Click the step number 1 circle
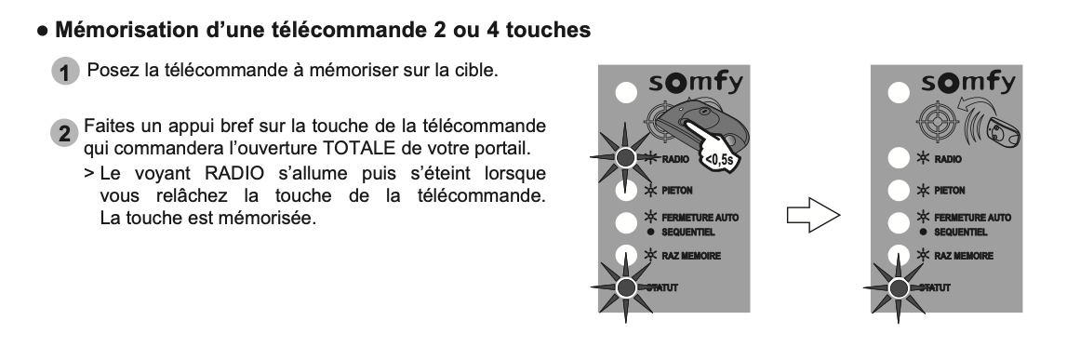65,72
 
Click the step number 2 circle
64,133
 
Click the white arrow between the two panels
813,216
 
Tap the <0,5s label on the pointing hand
719,160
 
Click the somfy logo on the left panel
696,84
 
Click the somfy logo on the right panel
968,84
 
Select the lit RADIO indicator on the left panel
625,157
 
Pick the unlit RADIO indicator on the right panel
899,157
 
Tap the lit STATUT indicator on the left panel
625,287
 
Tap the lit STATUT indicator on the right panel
899,287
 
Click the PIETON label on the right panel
949,191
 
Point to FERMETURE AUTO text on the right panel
972,218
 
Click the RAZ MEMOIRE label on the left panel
691,256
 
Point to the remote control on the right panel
1004,131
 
